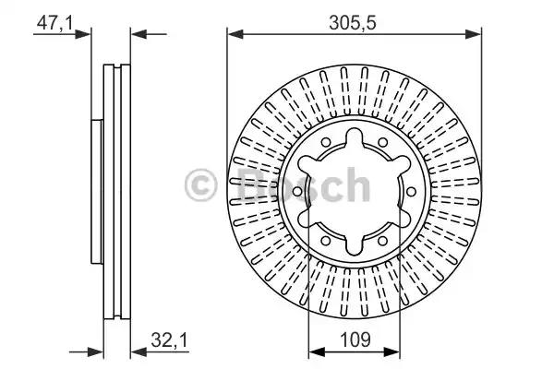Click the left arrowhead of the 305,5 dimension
click(234, 35)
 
